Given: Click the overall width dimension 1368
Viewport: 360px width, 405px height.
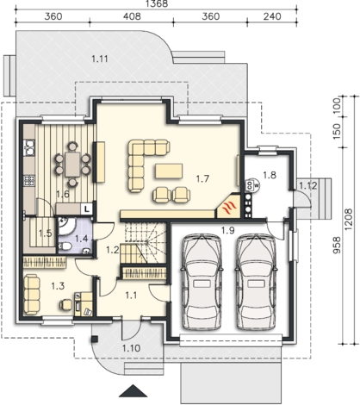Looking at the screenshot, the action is tap(157, 3).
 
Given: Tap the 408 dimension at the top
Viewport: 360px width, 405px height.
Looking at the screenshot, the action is tap(132, 16).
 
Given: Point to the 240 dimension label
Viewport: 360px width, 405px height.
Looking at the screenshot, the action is tap(272, 16).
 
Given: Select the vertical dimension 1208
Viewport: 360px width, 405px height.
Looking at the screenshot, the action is tap(349, 219).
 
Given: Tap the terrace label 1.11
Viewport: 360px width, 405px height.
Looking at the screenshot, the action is tap(100, 59).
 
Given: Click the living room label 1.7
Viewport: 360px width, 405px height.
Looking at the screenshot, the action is tap(202, 179).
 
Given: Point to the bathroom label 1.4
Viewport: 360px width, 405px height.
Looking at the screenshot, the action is tap(81, 239).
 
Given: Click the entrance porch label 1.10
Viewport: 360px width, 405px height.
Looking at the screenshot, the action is tap(131, 348).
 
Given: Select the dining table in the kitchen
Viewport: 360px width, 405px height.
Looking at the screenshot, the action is tap(72, 165).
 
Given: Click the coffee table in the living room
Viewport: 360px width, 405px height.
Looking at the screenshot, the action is tap(169, 171).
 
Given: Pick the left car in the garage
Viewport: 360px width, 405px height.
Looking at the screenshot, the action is tap(202, 282).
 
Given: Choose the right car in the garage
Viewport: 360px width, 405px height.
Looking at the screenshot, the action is tap(257, 282).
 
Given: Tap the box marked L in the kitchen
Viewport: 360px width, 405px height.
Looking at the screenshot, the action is tap(87, 209).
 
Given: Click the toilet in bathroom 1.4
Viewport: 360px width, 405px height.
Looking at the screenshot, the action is tap(65, 246).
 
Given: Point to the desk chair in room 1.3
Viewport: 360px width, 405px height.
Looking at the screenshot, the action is tap(65, 305).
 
